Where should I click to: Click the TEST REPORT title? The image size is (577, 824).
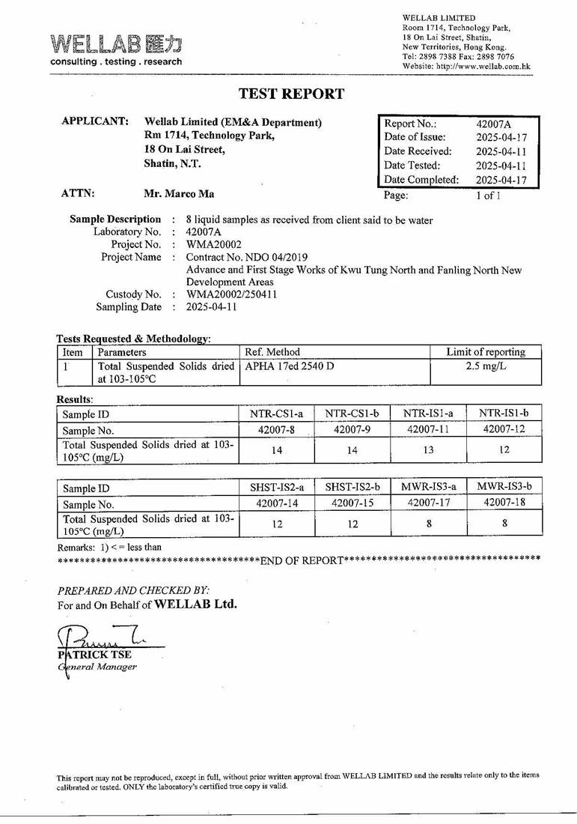(291, 94)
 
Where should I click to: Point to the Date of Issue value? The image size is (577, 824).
(501, 138)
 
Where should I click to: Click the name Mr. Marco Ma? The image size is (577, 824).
(179, 194)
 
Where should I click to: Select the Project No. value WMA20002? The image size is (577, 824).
(213, 245)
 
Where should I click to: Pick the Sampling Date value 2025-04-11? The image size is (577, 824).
(212, 307)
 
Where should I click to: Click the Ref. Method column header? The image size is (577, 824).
(272, 352)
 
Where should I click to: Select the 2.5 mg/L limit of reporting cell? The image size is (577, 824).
(486, 366)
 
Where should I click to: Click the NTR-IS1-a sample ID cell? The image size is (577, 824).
(428, 413)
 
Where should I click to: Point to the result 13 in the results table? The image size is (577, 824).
(428, 450)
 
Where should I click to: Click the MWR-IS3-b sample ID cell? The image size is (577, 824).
(504, 487)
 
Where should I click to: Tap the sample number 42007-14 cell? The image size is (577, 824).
(277, 503)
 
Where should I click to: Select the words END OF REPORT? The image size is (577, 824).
(302, 560)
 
